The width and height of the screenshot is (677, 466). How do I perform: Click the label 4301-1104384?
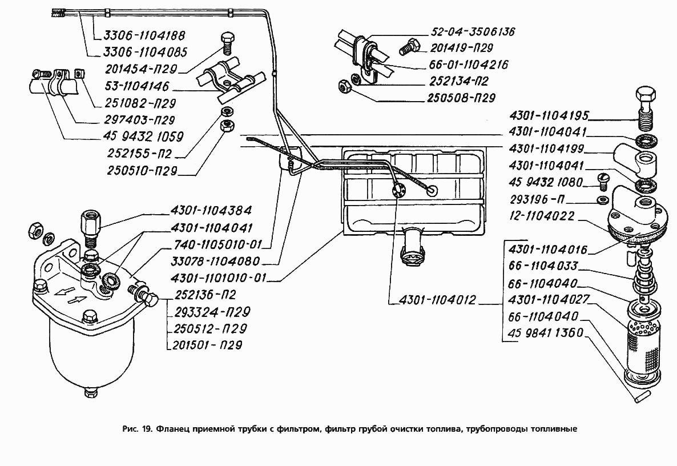(x=211, y=210)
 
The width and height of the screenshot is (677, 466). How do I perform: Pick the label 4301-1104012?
(x=433, y=300)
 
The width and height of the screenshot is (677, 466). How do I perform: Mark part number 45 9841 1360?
(x=545, y=334)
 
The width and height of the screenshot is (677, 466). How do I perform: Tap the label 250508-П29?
(x=461, y=98)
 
